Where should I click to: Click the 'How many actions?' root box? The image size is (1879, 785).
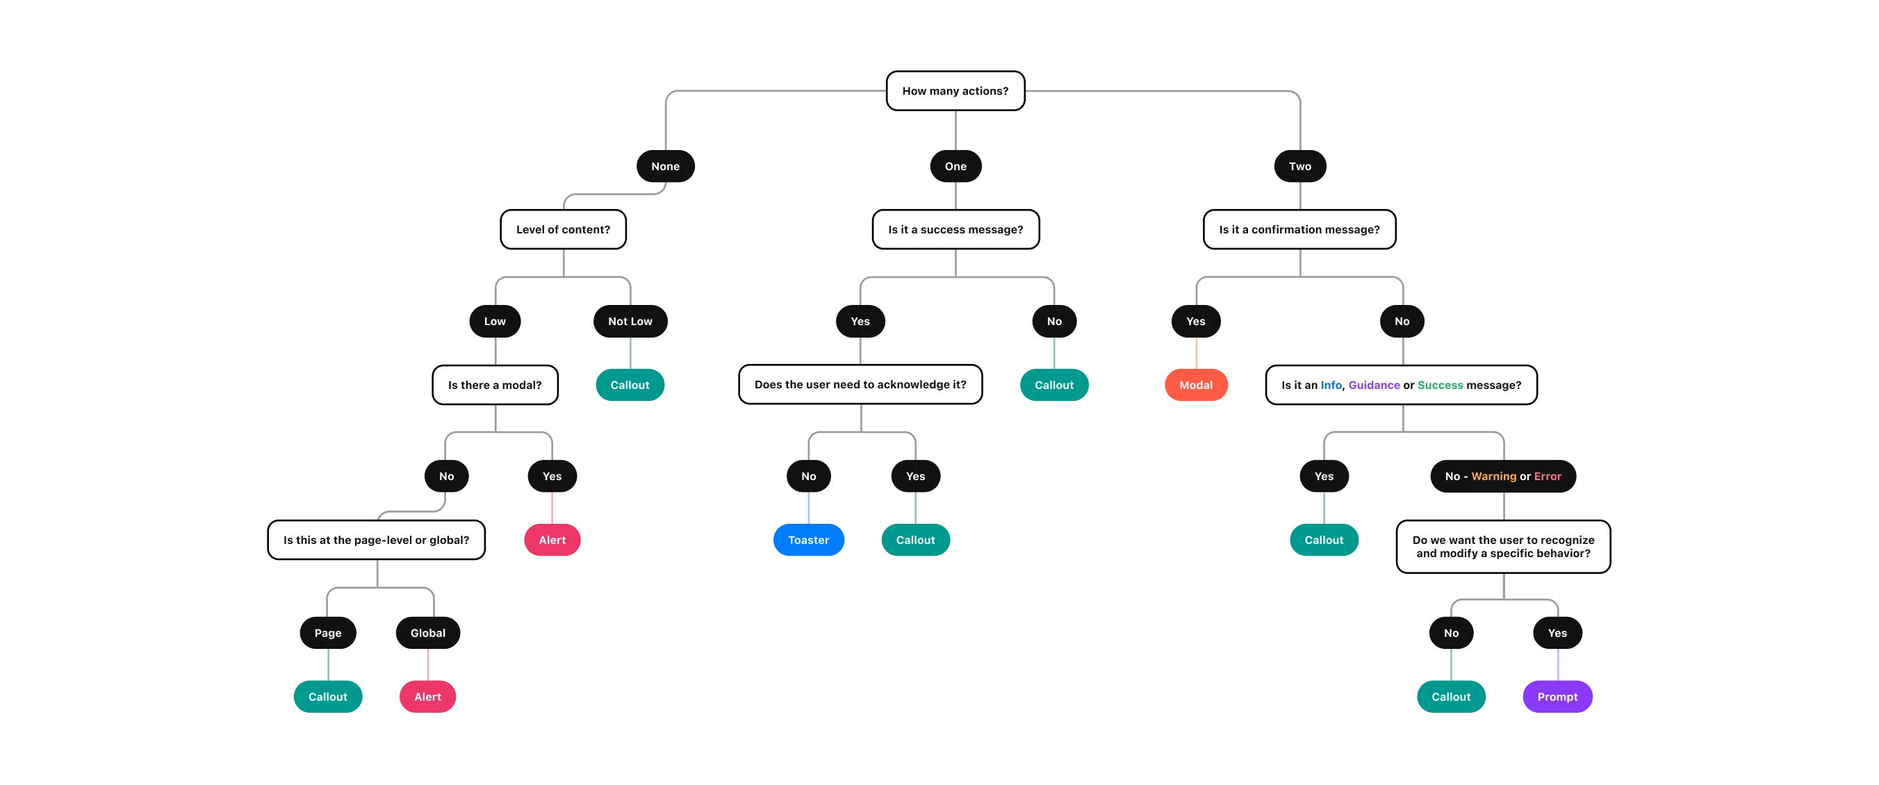click(955, 91)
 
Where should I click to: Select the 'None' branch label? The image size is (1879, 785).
click(665, 166)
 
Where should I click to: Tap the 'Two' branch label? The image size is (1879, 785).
click(1300, 166)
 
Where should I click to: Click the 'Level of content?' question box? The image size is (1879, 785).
click(563, 230)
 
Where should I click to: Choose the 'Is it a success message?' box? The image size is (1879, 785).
click(955, 230)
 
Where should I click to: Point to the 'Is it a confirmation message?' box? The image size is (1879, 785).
click(1299, 230)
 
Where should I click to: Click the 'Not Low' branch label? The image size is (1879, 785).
click(630, 322)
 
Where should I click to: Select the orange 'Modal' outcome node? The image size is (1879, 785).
click(1195, 385)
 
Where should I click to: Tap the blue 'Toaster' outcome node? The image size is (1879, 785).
click(808, 540)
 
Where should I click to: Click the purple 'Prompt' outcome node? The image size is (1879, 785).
click(1557, 697)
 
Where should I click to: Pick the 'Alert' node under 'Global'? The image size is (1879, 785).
click(427, 697)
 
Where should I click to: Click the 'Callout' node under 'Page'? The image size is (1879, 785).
click(327, 697)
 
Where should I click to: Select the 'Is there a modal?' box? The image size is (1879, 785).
click(495, 385)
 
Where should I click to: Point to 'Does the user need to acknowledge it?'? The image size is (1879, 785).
click(860, 384)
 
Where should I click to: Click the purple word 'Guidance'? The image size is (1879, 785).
click(1374, 385)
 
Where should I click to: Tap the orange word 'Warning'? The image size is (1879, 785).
click(1493, 476)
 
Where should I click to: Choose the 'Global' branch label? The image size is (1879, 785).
click(427, 633)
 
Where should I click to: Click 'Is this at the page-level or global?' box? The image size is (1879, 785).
click(377, 540)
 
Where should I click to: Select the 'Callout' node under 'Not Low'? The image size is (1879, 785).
click(630, 385)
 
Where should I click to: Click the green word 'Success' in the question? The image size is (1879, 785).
click(1440, 385)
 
